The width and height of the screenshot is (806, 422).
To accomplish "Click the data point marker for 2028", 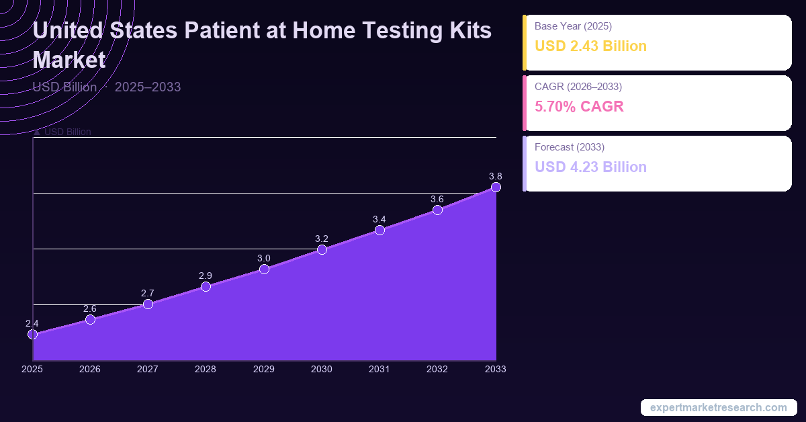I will (206, 287).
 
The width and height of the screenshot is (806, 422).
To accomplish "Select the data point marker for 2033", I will (496, 187).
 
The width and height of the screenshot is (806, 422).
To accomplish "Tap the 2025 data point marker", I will (32, 334).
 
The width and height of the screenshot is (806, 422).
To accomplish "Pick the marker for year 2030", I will (322, 250).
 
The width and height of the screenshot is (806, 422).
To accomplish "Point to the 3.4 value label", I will (379, 219).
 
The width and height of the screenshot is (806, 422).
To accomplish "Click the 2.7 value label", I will (148, 293).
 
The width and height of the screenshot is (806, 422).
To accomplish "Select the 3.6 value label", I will (437, 199).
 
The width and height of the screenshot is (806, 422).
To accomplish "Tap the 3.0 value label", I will (264, 258).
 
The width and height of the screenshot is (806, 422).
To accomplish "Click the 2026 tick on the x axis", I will (90, 369).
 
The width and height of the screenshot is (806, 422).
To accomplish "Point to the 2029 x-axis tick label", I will (264, 369).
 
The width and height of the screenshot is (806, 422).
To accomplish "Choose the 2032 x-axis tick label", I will (437, 369).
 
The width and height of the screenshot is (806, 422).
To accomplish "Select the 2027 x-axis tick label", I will (148, 369).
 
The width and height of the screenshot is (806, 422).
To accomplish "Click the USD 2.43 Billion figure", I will (590, 46).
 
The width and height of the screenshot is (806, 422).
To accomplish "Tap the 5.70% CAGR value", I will (579, 106).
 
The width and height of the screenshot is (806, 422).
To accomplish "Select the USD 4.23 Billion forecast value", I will (590, 167).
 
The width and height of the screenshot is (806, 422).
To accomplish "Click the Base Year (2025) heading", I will (573, 26).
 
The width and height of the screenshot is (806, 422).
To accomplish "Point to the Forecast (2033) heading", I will (570, 146).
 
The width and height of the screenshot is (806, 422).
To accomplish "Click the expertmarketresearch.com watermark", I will (719, 407).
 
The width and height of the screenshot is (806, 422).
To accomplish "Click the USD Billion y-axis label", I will (67, 132).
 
